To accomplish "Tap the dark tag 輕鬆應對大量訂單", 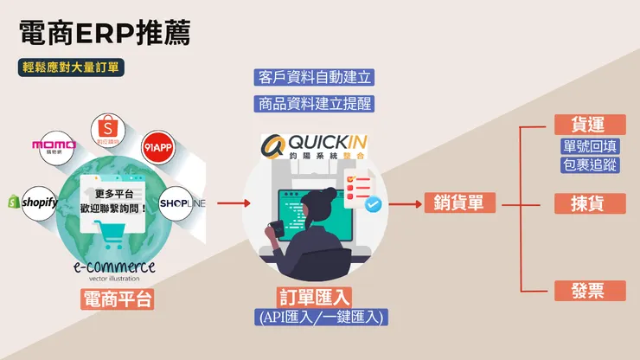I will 74,67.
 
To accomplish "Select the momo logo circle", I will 54,145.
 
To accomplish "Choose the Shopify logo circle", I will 33,202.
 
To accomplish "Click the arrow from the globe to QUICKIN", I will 233,204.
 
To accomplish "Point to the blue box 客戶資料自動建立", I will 315,77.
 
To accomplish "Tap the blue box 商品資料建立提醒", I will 315,104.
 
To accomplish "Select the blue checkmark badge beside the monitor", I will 373,205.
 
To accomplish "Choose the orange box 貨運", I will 589,124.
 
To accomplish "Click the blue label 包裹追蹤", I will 589,164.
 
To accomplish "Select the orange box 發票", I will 589,291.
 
